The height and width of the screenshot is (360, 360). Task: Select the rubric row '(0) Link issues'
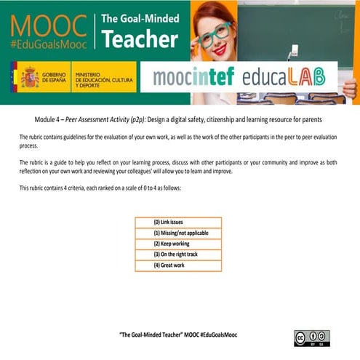[178, 222]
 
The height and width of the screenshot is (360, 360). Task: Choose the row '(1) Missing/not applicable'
[178, 233]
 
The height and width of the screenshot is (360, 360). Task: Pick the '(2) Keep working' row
[178, 244]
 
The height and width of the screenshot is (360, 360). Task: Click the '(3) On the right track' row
[178, 255]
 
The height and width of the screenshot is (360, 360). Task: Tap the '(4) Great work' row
[178, 265]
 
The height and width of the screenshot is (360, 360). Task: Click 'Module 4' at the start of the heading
[48, 119]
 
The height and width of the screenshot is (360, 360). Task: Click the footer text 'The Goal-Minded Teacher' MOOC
[178, 334]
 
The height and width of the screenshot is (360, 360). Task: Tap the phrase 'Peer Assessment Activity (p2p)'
[109, 119]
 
